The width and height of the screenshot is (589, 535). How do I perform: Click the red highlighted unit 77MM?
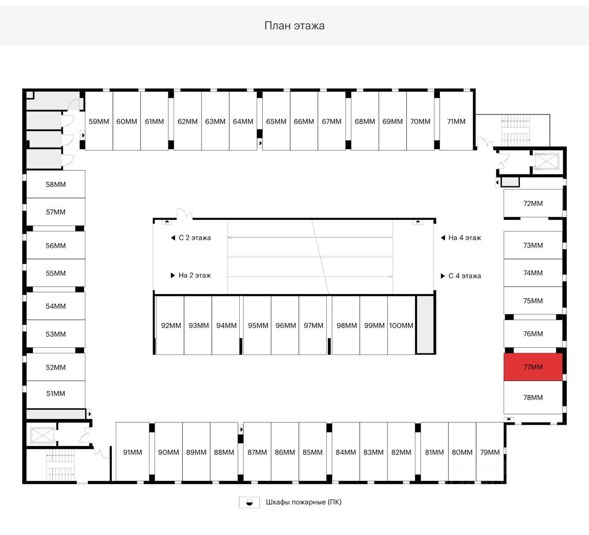pos(533,367)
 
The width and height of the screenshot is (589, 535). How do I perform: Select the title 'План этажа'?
pos(294,25)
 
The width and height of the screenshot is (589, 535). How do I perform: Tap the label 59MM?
pos(99,121)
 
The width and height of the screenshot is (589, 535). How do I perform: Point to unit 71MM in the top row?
pos(456,121)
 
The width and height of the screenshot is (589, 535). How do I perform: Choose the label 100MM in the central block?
pos(401,325)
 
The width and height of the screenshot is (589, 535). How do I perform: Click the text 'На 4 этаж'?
pos(464,238)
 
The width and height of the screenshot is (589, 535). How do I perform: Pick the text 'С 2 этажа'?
pos(195,238)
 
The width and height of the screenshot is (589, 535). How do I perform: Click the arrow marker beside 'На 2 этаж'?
pos(173,276)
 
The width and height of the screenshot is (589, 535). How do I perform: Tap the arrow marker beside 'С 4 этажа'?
pos(443,276)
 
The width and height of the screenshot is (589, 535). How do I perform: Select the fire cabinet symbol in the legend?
pos(249,502)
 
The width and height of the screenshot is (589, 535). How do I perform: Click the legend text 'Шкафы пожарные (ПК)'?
pos(304,502)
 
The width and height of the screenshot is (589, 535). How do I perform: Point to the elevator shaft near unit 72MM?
pos(545,161)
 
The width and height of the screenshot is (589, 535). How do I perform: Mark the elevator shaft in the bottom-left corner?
pos(42,435)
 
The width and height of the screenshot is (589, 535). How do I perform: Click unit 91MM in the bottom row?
pos(133,452)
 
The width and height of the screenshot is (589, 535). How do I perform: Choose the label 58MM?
pos(56,184)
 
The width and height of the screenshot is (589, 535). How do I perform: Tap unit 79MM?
pos(490,452)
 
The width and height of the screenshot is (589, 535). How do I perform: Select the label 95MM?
pos(258,325)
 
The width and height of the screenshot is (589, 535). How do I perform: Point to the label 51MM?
pos(56,394)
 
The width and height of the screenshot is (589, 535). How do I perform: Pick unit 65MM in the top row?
pos(276,121)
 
